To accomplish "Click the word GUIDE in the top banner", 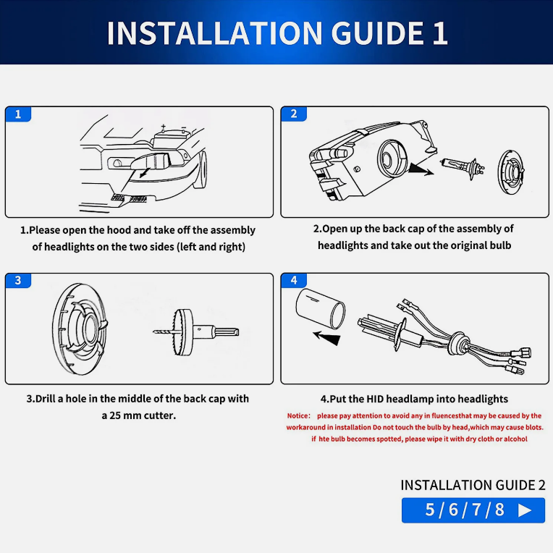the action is point(377,33).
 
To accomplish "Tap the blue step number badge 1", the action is point(18,114).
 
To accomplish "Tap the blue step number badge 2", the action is point(294,114).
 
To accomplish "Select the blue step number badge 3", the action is point(18,281).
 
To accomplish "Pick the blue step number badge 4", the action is point(294,281).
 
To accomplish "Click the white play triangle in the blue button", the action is point(525,510).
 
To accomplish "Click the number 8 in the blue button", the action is point(499,510).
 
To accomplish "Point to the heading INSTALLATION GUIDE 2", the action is point(473,485).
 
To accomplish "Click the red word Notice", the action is point(298,415).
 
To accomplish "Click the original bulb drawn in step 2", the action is point(463,167).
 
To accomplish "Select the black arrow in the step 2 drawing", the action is point(421,169).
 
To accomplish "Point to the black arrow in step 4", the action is point(327,338).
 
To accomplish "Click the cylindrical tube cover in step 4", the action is point(320,308).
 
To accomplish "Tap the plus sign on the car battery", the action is point(163,126).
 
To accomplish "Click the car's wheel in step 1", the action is point(203,170).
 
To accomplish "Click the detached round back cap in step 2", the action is point(511,172).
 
